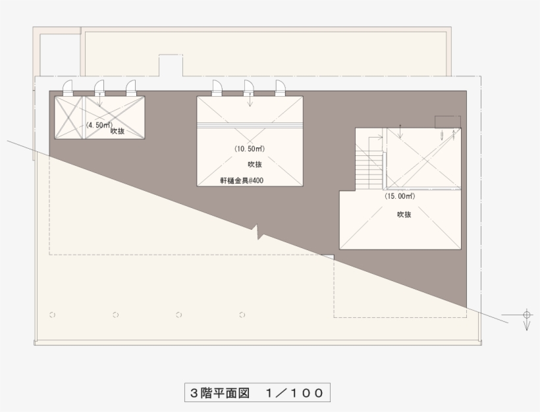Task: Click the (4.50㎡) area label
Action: click(x=98, y=124)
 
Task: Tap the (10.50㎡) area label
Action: click(x=250, y=149)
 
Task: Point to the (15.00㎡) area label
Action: click(x=400, y=195)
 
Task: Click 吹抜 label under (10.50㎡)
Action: click(x=254, y=164)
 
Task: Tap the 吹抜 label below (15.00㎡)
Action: click(x=404, y=215)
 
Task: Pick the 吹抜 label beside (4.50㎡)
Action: click(x=118, y=132)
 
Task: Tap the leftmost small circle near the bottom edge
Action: click(x=53, y=315)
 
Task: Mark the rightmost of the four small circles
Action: click(x=242, y=315)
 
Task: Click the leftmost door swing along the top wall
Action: click(x=68, y=88)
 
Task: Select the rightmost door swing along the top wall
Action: click(x=281, y=88)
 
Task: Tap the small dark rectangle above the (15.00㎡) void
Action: click(x=447, y=122)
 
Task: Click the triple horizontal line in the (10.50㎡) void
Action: click(x=250, y=124)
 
